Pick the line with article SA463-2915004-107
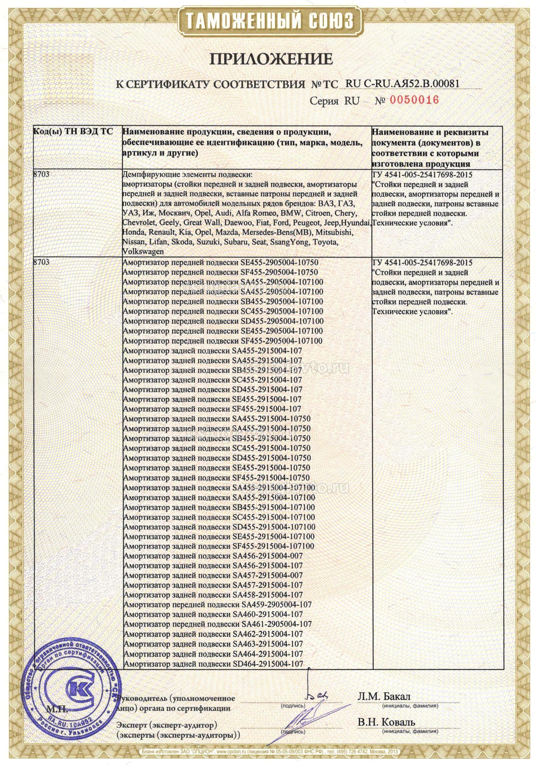(x=213, y=634)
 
